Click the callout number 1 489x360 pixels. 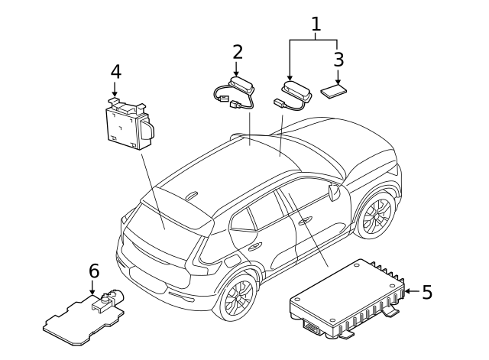[x=316, y=24]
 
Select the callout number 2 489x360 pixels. [x=238, y=52]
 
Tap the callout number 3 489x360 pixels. [x=338, y=59]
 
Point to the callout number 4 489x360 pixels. [x=115, y=71]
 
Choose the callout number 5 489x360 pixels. [x=427, y=291]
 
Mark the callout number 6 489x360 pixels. [x=94, y=271]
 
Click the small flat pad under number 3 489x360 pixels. [x=334, y=92]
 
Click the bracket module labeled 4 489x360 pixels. [x=125, y=123]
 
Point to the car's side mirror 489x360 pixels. [x=333, y=192]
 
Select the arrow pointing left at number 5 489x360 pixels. [x=410, y=291]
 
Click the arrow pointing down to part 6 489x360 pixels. [x=93, y=287]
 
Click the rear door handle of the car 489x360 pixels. [x=254, y=245]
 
